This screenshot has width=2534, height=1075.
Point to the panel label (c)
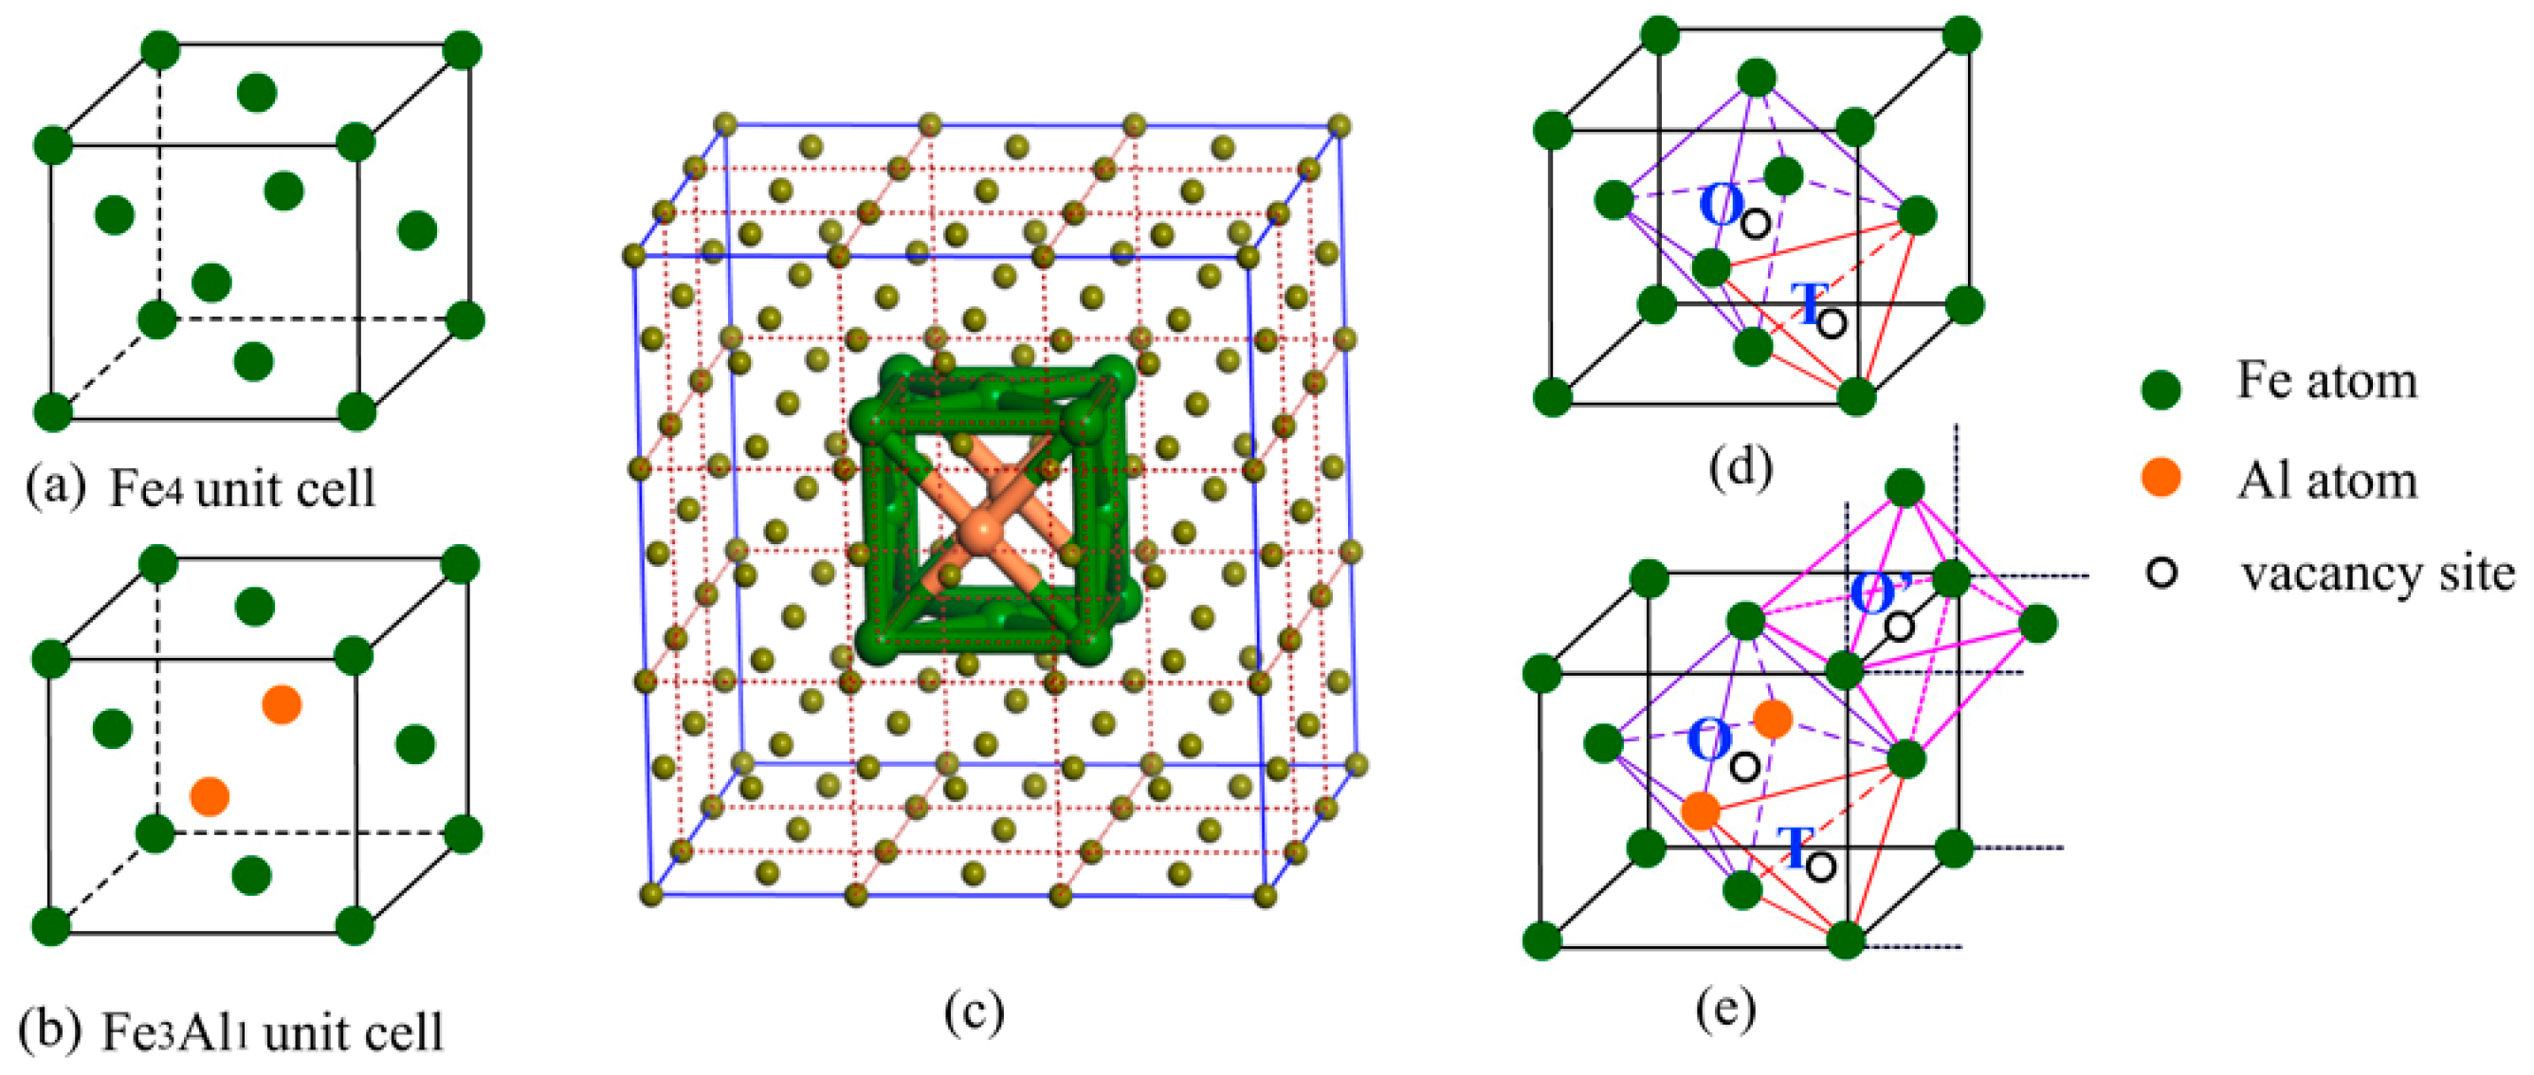[x=974, y=1011]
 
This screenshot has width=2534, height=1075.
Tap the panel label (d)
[x=1741, y=466]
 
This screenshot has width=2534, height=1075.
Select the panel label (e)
[x=1725, y=1007]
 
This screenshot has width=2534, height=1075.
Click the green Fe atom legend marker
[x=2161, y=390]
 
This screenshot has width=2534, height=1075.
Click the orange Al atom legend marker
[x=2161, y=478]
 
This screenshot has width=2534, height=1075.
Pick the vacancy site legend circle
[x=2161, y=573]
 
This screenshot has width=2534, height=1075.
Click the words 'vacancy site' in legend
[x=2377, y=573]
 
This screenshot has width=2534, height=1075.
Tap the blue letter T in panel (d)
[x=1808, y=303]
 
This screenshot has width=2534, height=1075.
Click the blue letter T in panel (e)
[x=1796, y=847]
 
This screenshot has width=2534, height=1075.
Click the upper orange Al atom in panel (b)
[x=282, y=704]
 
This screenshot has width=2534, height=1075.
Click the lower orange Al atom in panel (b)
[x=210, y=795]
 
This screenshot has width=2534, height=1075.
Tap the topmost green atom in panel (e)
[x=1905, y=488]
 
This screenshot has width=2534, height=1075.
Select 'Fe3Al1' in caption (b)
[x=174, y=1031]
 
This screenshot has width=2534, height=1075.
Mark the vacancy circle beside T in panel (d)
[x=1831, y=322]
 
